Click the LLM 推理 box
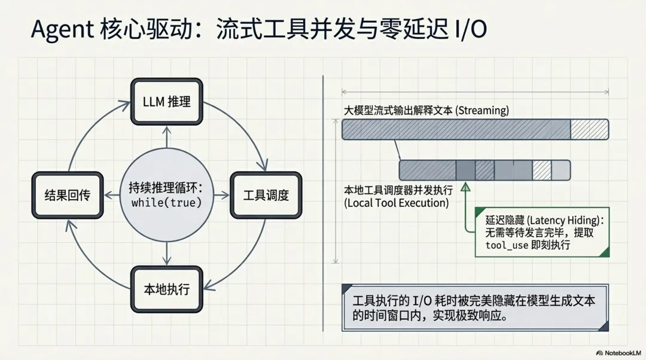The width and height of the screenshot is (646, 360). (x=167, y=102)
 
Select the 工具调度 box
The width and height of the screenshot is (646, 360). (x=266, y=195)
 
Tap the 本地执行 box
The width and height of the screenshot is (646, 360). (x=167, y=289)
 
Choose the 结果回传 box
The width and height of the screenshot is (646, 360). (x=68, y=195)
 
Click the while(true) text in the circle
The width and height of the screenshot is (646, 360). (x=166, y=203)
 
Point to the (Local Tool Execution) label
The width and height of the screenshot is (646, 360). (x=396, y=203)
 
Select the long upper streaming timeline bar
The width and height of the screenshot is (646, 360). (x=475, y=129)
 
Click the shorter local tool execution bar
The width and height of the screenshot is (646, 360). (x=484, y=170)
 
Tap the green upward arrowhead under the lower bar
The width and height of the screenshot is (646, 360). (x=466, y=187)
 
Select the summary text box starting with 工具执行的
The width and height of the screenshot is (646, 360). (x=475, y=307)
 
